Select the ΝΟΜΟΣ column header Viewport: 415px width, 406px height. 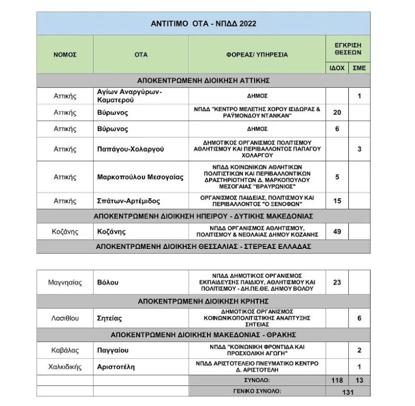point(64,55)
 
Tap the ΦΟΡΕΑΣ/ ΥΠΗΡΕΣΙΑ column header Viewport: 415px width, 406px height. point(257,55)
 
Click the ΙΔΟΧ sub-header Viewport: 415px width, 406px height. point(337,68)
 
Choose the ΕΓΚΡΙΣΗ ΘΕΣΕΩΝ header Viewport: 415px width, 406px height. point(348,49)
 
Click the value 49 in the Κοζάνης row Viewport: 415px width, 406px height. point(337,232)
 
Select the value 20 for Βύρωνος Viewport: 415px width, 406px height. point(337,112)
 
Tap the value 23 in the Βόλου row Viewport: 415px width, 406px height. point(337,282)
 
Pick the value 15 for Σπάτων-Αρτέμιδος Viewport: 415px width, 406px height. point(337,201)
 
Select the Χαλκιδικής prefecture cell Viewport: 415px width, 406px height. point(64,366)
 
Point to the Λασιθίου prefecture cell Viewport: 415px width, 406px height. point(64,318)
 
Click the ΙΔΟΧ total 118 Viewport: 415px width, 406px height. point(337,381)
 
